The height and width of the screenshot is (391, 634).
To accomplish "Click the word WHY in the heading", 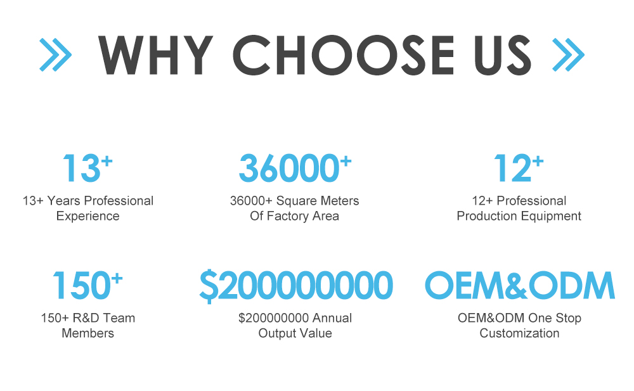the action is [x=156, y=55].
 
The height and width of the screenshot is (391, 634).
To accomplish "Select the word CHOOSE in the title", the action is [x=343, y=55].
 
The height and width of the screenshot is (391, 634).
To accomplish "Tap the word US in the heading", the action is [x=503, y=55].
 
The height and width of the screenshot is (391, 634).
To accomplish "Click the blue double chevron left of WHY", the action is [x=55, y=54].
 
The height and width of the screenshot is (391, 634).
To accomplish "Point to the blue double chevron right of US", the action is [x=568, y=54].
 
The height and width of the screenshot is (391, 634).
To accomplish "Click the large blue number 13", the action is [x=81, y=168].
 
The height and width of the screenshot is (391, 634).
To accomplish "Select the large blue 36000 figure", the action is [x=289, y=168].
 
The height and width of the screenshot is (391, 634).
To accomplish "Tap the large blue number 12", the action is [x=512, y=168].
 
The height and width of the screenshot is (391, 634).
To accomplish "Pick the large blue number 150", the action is [x=81, y=285].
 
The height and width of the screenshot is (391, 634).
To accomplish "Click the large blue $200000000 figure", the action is [x=296, y=286].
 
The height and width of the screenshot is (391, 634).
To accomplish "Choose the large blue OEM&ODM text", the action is [x=520, y=285].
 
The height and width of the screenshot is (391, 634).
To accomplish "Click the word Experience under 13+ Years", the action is [x=87, y=216].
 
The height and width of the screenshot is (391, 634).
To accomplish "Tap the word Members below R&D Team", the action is [x=87, y=333].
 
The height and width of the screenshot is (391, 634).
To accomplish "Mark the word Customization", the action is [x=520, y=333].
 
